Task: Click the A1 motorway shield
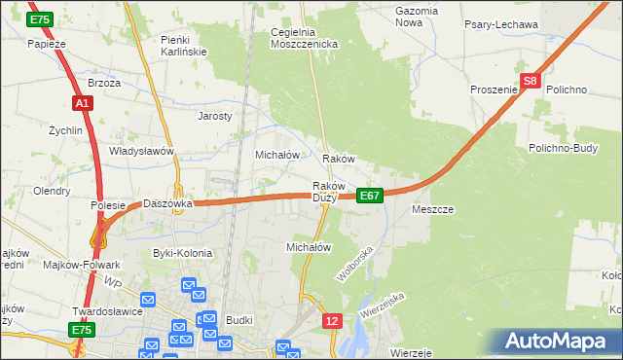click(82, 102)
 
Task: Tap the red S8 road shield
click(530, 83)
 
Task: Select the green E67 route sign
click(369, 196)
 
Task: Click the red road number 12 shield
click(333, 320)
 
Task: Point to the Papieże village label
click(46, 44)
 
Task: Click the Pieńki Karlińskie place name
click(183, 45)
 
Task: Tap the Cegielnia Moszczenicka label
click(304, 38)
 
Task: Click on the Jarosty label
click(215, 116)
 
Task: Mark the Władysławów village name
click(141, 152)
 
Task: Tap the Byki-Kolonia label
click(182, 253)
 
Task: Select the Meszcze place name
click(433, 209)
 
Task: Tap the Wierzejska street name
click(381, 308)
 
